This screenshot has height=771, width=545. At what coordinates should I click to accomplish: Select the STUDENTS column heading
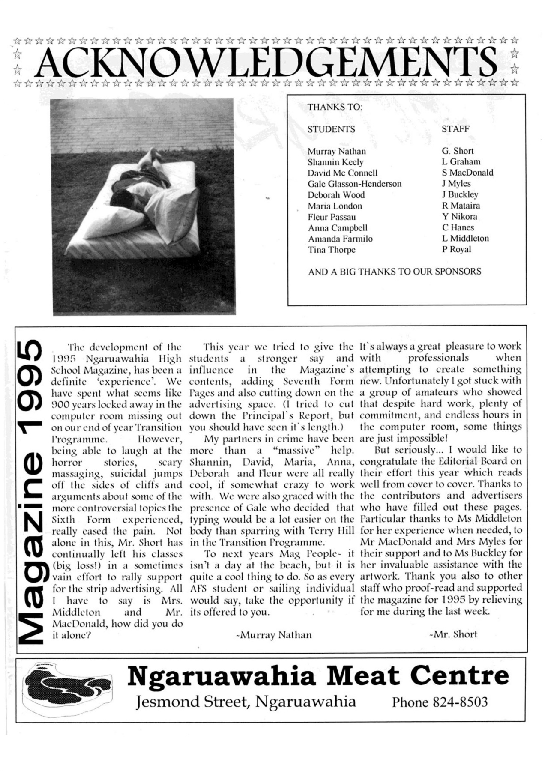(x=331, y=129)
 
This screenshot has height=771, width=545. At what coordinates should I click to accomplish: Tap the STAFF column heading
(x=455, y=129)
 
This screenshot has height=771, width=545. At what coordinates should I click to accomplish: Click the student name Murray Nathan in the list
(x=337, y=152)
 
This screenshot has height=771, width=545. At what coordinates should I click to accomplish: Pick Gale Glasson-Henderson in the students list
(x=354, y=184)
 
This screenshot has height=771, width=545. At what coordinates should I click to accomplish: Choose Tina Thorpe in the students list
(x=331, y=250)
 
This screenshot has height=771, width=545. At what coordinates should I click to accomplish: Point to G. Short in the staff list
(x=458, y=151)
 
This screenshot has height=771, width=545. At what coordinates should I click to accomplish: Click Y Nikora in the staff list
(x=459, y=217)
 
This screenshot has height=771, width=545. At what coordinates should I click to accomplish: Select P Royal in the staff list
(x=456, y=249)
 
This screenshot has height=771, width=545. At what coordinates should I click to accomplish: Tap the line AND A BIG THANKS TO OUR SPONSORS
(x=394, y=272)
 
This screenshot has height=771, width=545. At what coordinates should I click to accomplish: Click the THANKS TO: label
(x=335, y=107)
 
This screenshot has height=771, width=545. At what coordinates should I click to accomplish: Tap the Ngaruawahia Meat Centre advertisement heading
(x=318, y=676)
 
